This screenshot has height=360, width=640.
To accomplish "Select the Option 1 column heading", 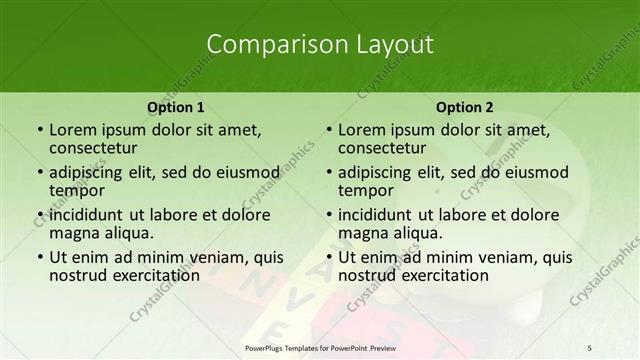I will pyautogui.click(x=176, y=107).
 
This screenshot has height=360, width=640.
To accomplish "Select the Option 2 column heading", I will pyautogui.click(x=464, y=107).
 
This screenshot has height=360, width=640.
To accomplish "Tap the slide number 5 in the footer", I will pyautogui.click(x=589, y=346).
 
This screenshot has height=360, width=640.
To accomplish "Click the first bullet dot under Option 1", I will pyautogui.click(x=39, y=130).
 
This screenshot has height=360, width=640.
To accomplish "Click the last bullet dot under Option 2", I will pyautogui.click(x=328, y=257).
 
